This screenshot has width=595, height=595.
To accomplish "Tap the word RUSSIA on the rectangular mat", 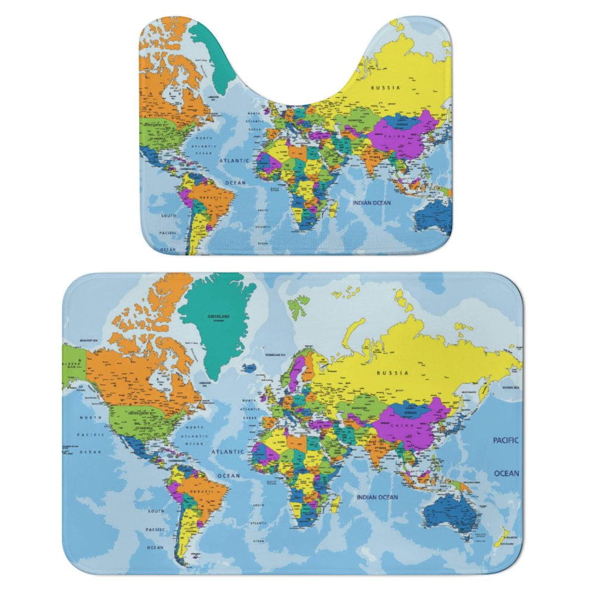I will [x=392, y=373].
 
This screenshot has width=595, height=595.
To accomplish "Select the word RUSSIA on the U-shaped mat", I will [x=386, y=87].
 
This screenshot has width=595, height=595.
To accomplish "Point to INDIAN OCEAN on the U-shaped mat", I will [x=372, y=203].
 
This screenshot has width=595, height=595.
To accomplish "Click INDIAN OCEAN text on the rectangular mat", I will [x=377, y=497].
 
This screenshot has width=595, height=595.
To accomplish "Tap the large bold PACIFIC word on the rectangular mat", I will [x=506, y=440].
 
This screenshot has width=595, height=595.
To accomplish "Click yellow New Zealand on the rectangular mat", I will [x=501, y=536].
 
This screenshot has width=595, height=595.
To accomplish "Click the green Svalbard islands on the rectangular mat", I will [x=296, y=306].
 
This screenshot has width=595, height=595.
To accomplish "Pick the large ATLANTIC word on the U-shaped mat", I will [x=234, y=161].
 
